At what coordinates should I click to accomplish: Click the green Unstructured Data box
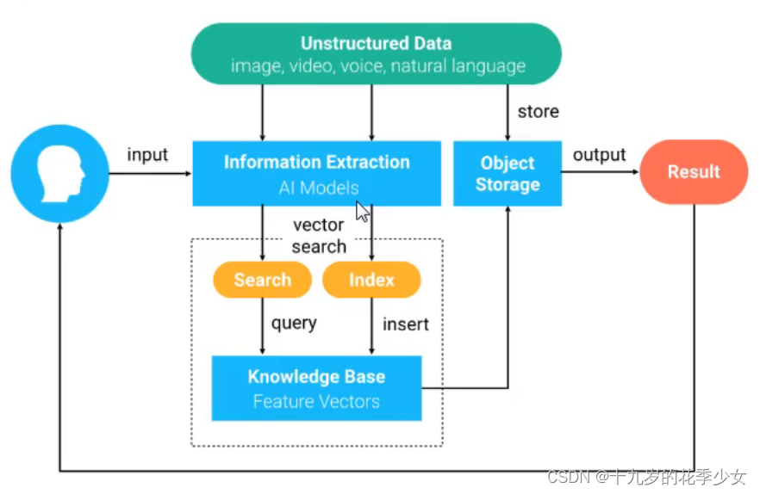click(x=376, y=53)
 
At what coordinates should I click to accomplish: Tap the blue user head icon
click(x=59, y=173)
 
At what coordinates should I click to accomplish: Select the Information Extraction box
click(x=317, y=173)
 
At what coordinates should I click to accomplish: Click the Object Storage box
click(x=508, y=173)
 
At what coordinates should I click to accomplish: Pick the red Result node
click(x=694, y=172)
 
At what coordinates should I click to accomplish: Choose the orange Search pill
click(x=262, y=280)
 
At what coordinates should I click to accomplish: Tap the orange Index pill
click(x=371, y=280)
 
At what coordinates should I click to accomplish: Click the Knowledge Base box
click(x=316, y=388)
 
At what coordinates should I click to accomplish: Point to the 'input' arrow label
click(x=147, y=155)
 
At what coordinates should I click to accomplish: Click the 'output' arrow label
click(x=600, y=155)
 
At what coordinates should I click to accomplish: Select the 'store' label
click(x=538, y=112)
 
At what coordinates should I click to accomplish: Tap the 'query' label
click(x=294, y=323)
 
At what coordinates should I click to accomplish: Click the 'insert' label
click(x=406, y=324)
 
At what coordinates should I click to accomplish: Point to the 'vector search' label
click(x=319, y=236)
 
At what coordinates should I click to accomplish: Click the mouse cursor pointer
click(x=363, y=212)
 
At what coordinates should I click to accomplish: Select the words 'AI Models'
click(x=319, y=188)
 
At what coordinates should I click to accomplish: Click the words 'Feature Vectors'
click(x=316, y=402)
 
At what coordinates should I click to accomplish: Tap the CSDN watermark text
click(x=646, y=477)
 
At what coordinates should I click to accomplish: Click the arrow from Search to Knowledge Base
click(x=262, y=326)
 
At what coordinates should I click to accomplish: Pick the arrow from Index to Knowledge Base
click(x=371, y=326)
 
